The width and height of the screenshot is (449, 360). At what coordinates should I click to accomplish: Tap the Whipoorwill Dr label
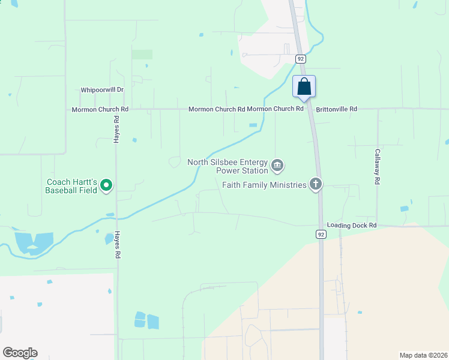point(102,90)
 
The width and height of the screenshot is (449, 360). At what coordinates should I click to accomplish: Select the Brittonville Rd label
point(337,109)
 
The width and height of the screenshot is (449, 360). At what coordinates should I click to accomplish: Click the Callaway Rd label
point(378,167)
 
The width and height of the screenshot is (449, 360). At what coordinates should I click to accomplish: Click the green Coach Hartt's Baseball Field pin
point(106,185)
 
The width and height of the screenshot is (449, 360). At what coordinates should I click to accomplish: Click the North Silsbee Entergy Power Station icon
point(277,165)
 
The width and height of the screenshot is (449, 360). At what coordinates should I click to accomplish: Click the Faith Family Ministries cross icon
point(316,185)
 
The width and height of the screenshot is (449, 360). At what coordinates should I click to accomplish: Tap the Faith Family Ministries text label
point(264,185)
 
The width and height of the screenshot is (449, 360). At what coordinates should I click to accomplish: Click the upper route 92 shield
point(301,59)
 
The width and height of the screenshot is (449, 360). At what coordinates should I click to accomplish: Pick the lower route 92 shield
point(321,233)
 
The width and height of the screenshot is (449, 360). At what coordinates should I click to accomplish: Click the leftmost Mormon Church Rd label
point(100,109)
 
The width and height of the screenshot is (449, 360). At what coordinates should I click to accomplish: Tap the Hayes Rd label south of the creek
point(117,245)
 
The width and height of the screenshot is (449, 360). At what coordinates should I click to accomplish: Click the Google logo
point(20,353)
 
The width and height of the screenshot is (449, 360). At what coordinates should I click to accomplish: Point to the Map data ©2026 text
point(423,355)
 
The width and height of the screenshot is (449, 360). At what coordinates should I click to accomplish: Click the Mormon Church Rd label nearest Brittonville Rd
point(276,109)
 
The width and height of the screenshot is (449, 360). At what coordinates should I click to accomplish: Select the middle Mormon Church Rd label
point(217,109)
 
